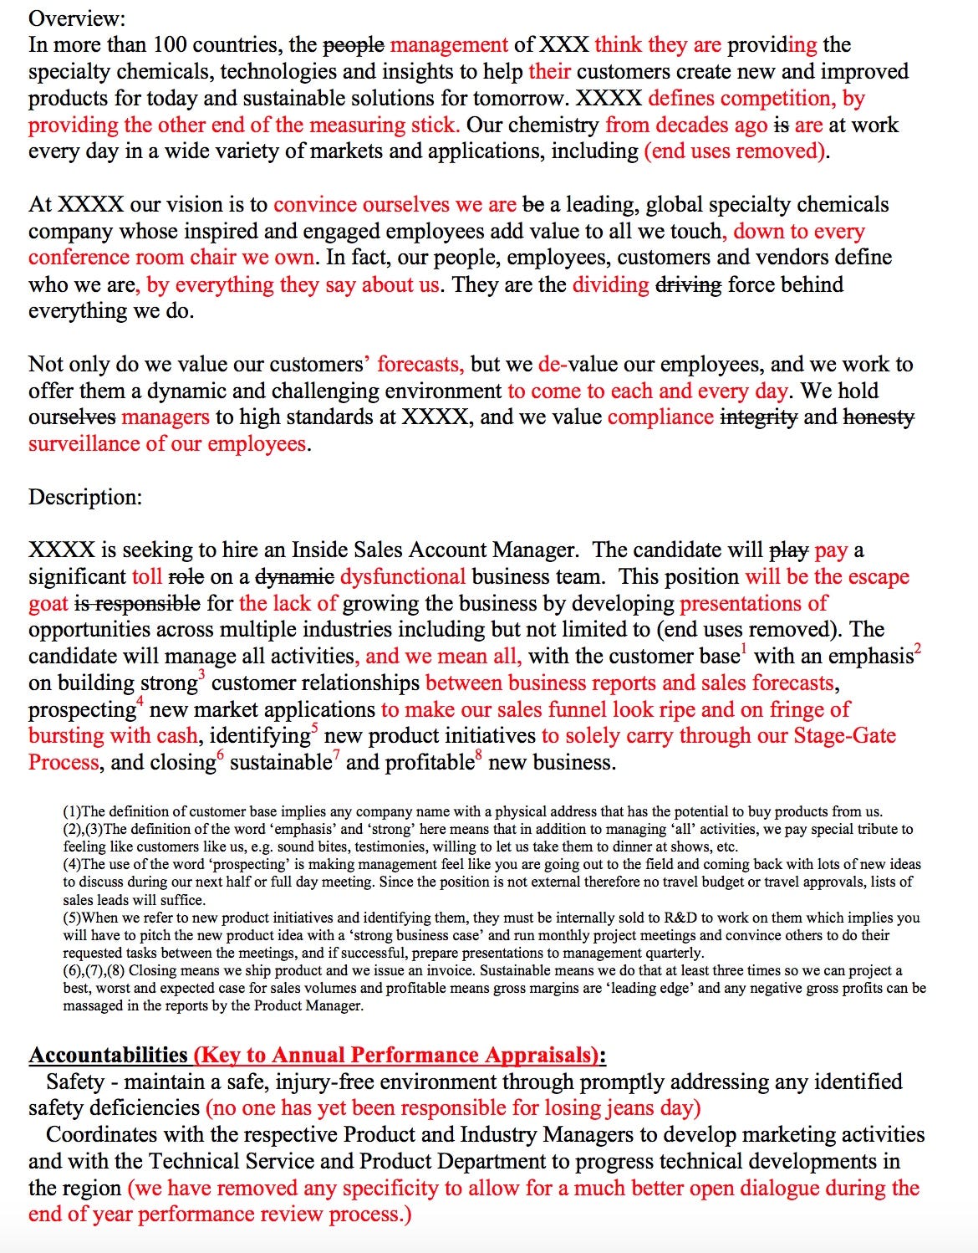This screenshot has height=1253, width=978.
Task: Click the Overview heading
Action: pyautogui.click(x=77, y=18)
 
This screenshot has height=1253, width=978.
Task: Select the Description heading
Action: pyautogui.click(x=85, y=497)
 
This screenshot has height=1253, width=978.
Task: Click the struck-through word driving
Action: pyautogui.click(x=689, y=284)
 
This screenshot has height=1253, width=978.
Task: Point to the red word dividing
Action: pyautogui.click(x=610, y=284)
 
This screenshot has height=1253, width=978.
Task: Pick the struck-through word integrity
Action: pyautogui.click(x=758, y=417)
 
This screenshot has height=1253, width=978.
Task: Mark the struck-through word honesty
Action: pyautogui.click(x=879, y=417)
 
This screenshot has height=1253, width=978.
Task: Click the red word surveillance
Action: pyautogui.click(x=84, y=443)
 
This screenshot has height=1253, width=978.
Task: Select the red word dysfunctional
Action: pyautogui.click(x=403, y=576)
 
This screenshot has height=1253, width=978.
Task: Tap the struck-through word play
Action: pyautogui.click(x=787, y=550)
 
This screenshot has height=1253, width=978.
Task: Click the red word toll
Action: pyautogui.click(x=147, y=576)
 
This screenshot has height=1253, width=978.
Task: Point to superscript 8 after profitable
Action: pyautogui.click(x=479, y=755)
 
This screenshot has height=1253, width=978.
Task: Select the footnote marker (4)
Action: pyautogui.click(x=73, y=864)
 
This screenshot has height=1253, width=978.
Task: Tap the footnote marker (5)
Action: pyautogui.click(x=73, y=918)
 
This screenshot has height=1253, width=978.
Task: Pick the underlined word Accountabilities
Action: pyautogui.click(x=108, y=1055)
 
